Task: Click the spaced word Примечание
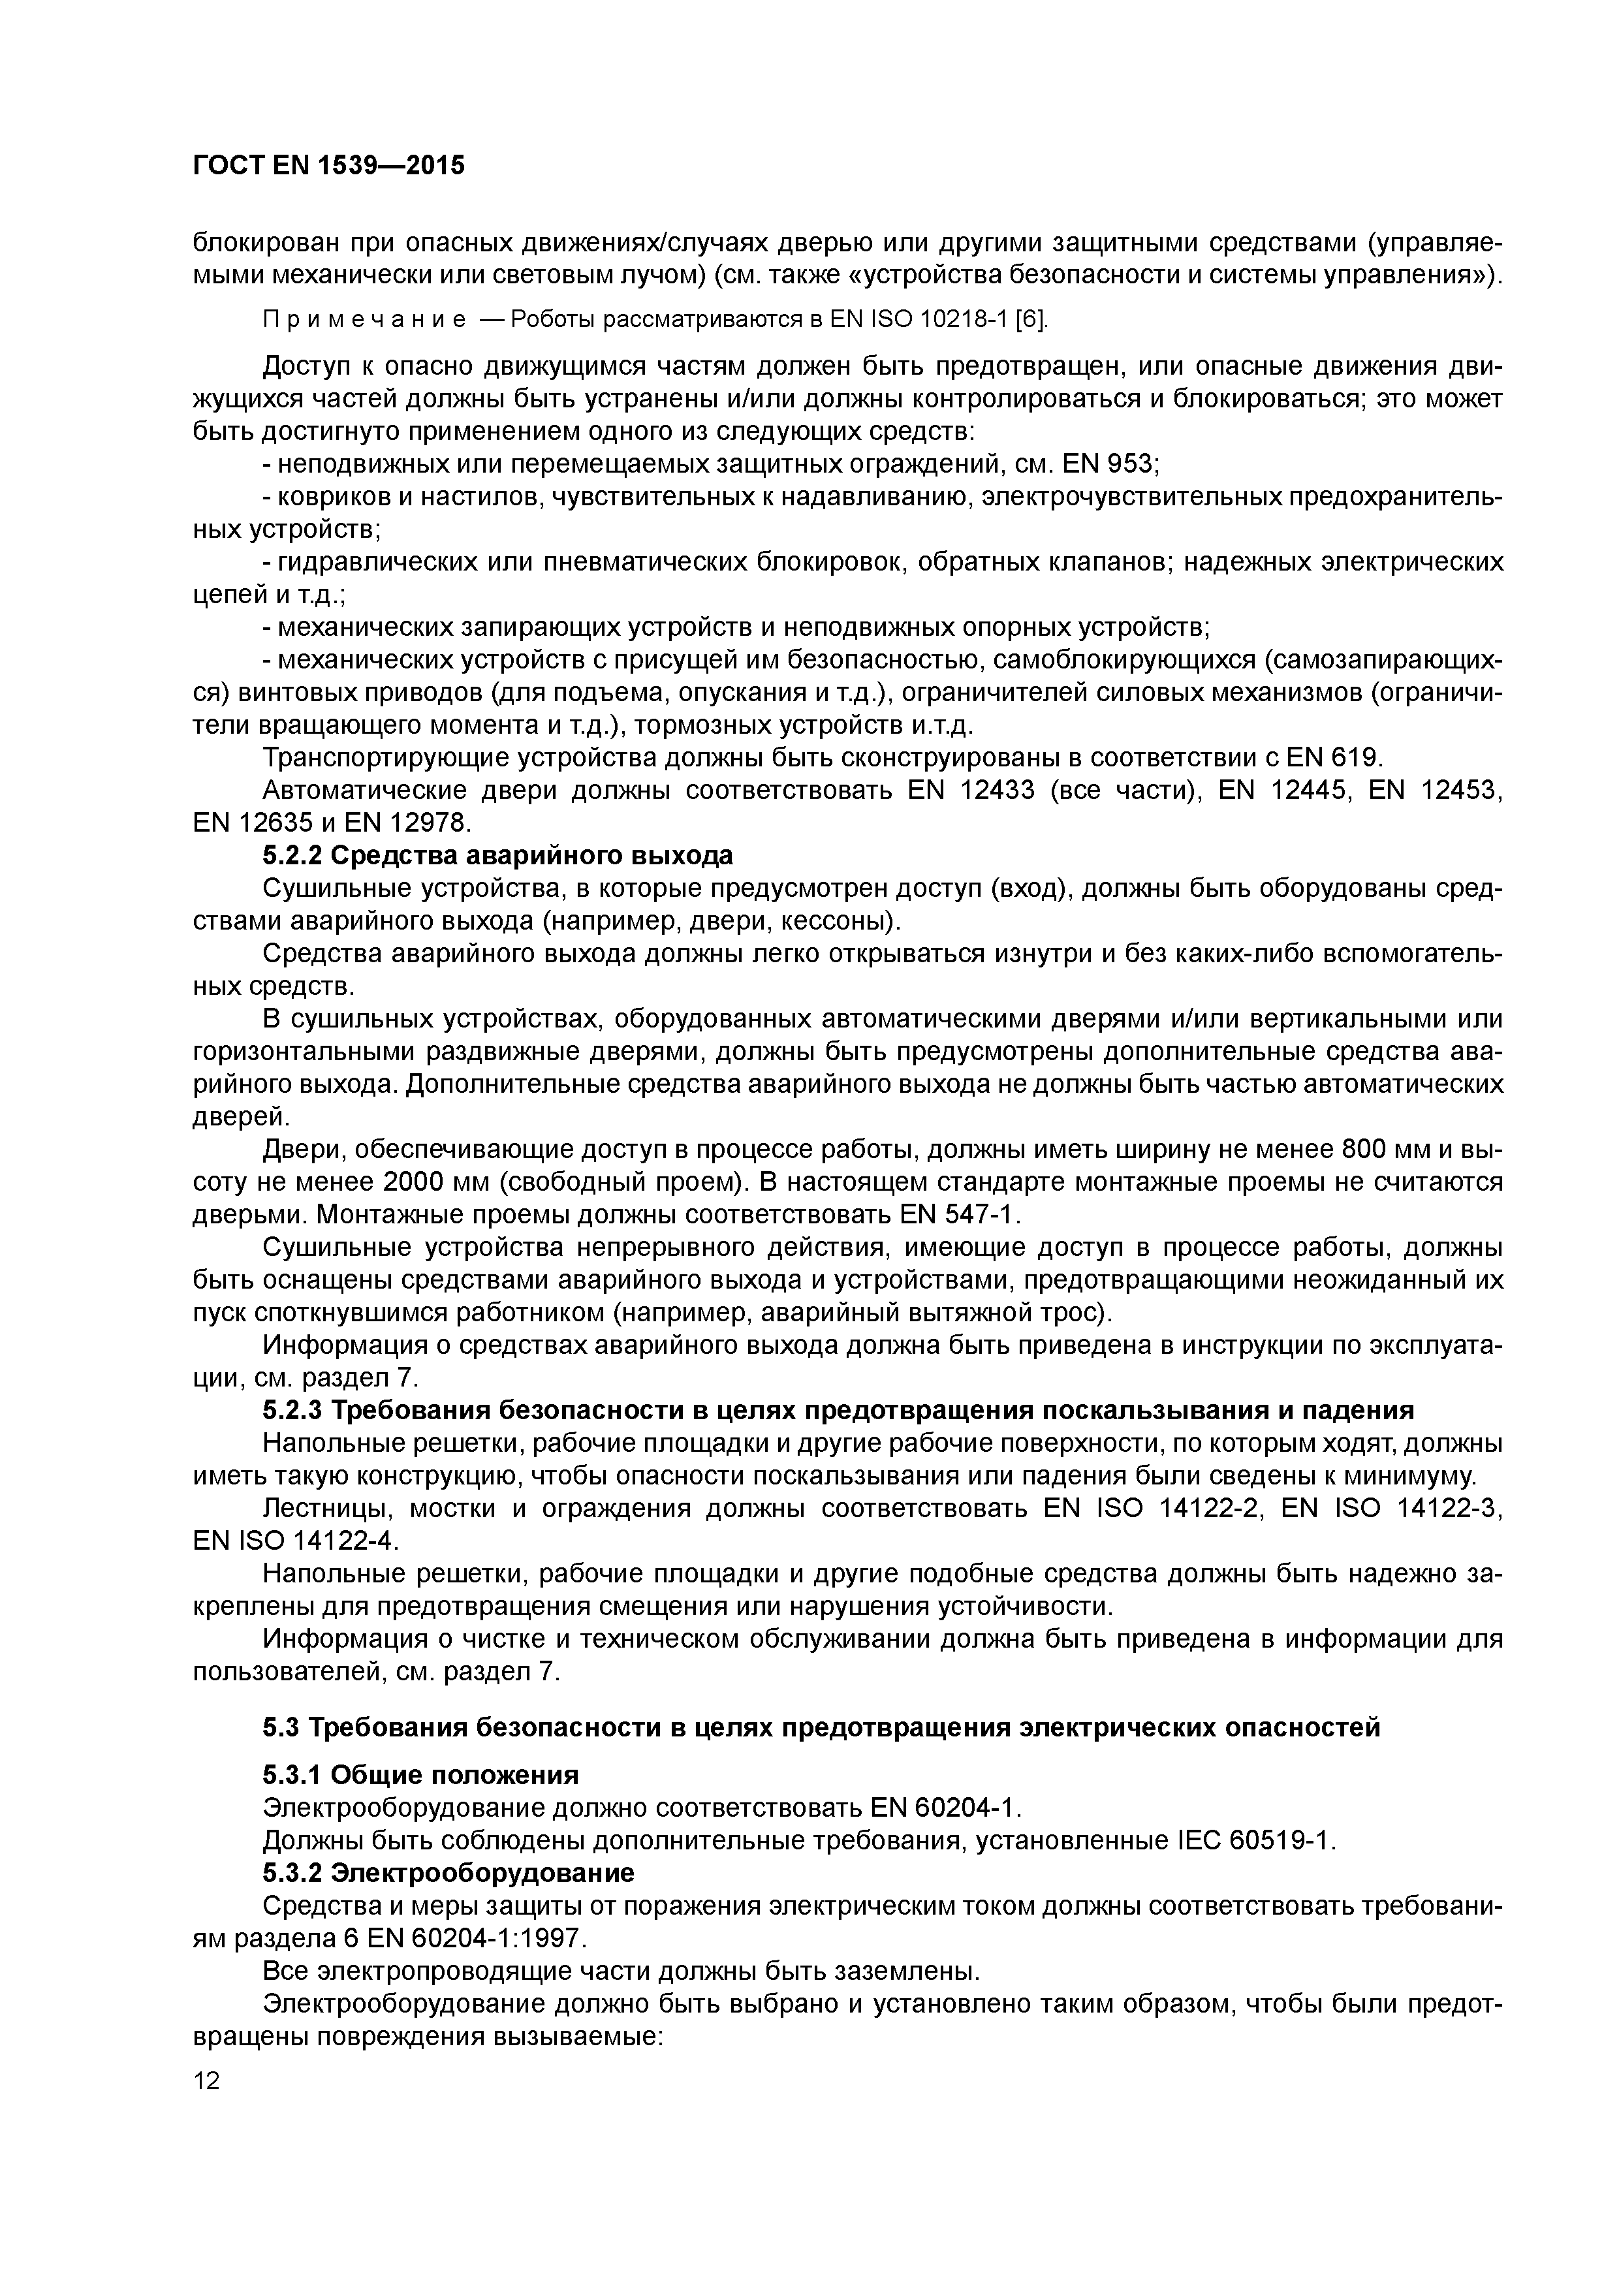(365, 319)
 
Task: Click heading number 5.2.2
(292, 856)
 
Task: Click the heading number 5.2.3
(292, 1410)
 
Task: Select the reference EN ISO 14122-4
(294, 1541)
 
